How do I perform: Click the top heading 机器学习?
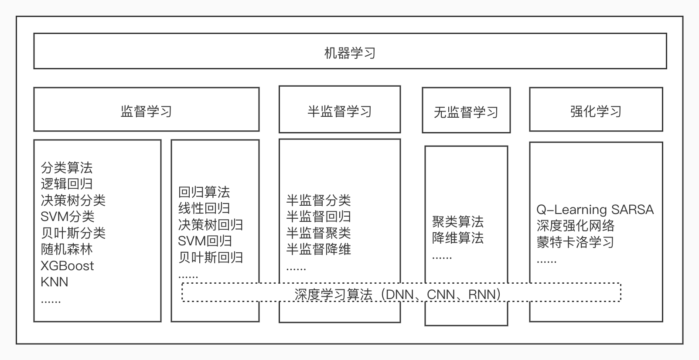350,53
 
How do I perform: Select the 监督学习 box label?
146,111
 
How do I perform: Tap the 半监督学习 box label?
339,111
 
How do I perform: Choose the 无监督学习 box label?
466,112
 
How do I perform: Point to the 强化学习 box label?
596,111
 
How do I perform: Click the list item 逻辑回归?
67,184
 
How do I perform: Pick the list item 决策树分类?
73,200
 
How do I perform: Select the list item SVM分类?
67,216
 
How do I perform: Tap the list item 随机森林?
67,249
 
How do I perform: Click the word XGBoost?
67,266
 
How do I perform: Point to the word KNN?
55,282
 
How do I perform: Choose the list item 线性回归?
204,208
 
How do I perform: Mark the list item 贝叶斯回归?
210,257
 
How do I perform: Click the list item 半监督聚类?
318,233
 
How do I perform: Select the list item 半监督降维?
318,249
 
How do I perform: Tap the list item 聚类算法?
458,222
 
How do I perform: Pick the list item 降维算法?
458,238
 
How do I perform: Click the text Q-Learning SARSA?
595,210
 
